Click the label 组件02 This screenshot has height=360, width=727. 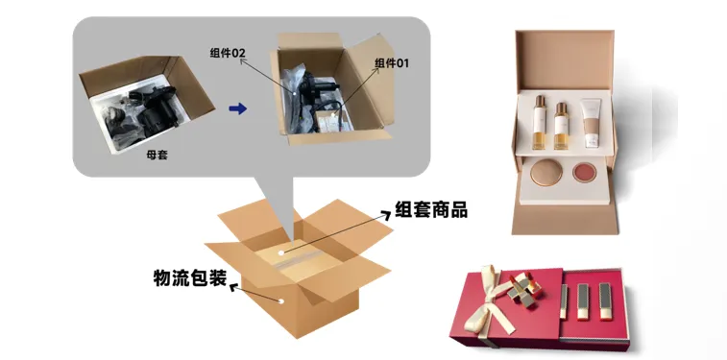(x=228, y=53)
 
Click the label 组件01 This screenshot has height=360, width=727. (x=392, y=63)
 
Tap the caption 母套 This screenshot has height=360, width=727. (x=157, y=156)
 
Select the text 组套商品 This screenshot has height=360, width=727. (x=431, y=210)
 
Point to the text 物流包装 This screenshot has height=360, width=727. (x=190, y=277)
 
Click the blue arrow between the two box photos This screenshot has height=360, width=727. (x=238, y=108)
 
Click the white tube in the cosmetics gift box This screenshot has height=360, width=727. (x=591, y=123)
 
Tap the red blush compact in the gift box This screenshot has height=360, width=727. (x=584, y=173)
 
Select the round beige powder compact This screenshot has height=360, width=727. (x=546, y=172)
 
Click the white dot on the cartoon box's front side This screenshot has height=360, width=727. (x=281, y=301)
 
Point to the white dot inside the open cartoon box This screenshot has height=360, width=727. (x=281, y=252)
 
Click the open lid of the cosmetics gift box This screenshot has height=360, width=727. (x=565, y=60)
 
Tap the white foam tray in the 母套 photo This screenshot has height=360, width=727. (x=139, y=116)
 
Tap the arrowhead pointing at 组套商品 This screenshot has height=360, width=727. (x=386, y=214)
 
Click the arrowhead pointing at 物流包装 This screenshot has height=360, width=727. (x=234, y=288)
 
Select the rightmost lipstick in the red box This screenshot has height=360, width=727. (x=605, y=301)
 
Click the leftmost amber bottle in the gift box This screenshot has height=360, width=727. (x=539, y=122)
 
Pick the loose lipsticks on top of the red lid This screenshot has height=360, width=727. (x=524, y=288)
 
